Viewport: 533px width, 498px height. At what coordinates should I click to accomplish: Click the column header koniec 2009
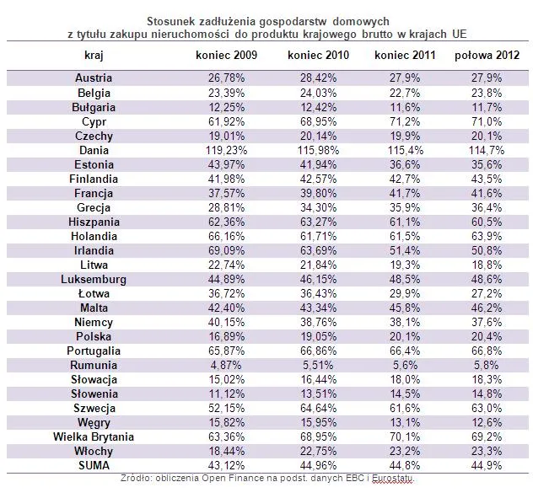[226, 55]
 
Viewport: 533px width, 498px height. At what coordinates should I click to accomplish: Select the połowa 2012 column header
[487, 55]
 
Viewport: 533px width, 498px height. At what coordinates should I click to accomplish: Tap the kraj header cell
[94, 56]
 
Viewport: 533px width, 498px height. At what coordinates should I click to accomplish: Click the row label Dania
[94, 150]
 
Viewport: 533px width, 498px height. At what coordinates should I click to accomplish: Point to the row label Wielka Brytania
[94, 436]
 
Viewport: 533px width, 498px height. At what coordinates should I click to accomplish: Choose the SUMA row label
[94, 465]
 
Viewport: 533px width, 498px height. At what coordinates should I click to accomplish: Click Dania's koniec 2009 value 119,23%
[226, 150]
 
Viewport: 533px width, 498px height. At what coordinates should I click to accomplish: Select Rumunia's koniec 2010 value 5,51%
[318, 365]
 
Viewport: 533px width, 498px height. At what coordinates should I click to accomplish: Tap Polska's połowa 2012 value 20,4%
[487, 336]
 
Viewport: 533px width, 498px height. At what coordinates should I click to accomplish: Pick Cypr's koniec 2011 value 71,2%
[405, 121]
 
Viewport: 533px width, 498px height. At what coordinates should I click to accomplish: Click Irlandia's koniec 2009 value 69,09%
[226, 250]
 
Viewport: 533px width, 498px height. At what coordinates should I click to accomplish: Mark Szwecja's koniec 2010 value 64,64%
[318, 408]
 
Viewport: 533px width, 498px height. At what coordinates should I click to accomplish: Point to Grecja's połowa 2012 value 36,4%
[487, 207]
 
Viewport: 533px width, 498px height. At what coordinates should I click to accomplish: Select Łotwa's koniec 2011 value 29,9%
[405, 293]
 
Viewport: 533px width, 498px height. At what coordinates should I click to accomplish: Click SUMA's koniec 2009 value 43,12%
[226, 465]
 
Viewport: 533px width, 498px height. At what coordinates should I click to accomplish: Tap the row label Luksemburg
[94, 279]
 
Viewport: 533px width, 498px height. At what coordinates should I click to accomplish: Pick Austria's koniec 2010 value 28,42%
[318, 78]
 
